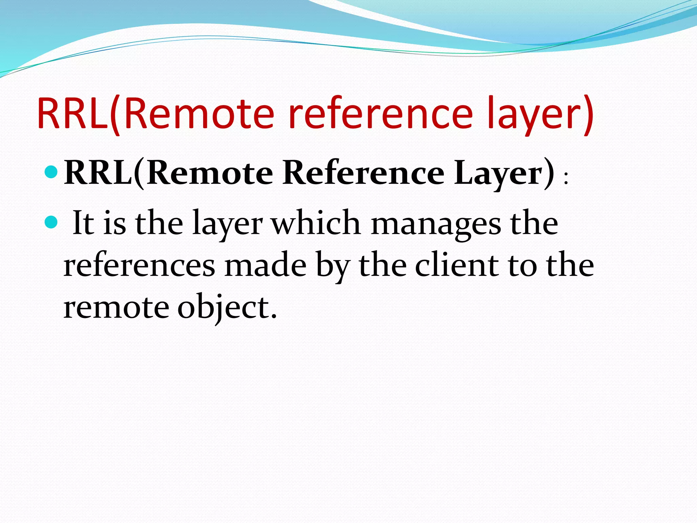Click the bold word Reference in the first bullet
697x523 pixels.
[363, 173]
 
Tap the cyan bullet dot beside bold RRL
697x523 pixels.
[52, 172]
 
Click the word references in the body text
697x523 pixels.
[139, 266]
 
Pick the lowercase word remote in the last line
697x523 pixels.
[116, 307]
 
